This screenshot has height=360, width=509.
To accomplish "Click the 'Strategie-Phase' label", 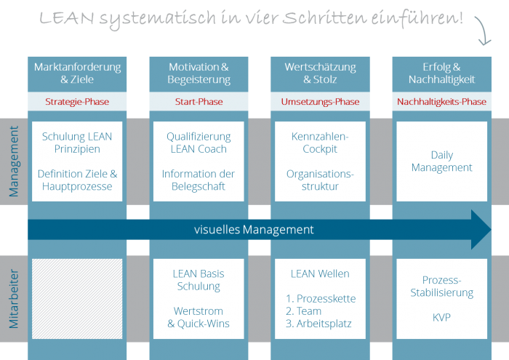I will [x=77, y=102].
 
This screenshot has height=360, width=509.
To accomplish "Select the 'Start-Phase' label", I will [x=199, y=102].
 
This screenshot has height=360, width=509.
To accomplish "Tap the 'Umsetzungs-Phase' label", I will [x=320, y=102].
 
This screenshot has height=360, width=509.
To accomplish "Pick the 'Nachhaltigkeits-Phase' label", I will [x=441, y=102].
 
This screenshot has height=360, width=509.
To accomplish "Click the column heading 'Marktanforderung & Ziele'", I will [x=77, y=73].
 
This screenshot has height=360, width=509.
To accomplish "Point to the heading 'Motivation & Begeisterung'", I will [x=199, y=73].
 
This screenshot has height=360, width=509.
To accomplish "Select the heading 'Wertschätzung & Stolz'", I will [x=320, y=73].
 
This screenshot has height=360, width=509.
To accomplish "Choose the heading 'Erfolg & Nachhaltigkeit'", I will [x=441, y=73].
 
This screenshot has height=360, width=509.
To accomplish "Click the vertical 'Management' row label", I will [x=14, y=161].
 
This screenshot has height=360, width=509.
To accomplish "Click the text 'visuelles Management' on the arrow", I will [x=254, y=230].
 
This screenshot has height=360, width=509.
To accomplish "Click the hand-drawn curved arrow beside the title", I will [x=482, y=31].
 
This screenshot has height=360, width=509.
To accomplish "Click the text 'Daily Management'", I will [x=441, y=161].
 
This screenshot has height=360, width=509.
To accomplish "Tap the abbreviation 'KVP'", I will [x=441, y=318].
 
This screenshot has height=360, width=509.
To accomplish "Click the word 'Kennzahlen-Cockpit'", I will [x=320, y=143].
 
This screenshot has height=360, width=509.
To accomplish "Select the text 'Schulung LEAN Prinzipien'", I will [x=77, y=143].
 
